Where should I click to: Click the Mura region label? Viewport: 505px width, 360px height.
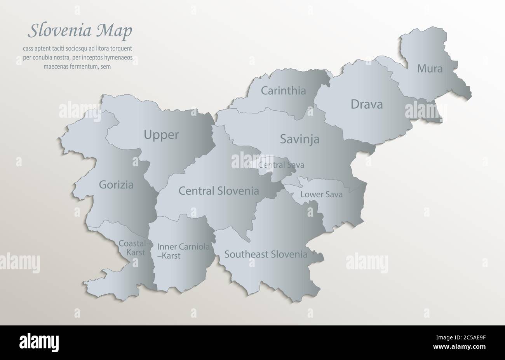pos(430,69)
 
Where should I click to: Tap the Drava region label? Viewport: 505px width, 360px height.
pos(366,104)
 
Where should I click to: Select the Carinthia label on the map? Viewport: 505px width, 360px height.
pos(283,91)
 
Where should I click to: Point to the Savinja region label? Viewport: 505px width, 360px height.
pos(300,139)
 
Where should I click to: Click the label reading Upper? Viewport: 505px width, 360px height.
pos(161,135)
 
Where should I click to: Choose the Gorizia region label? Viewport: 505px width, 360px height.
pos(116,185)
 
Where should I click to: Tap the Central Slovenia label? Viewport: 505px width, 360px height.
pos(219,191)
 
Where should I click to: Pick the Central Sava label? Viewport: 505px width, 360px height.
pos(281,165)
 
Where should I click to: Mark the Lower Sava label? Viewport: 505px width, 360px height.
pos(321,194)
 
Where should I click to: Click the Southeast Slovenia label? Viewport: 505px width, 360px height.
pos(266,254)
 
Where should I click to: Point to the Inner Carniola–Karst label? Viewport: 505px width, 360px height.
pos(183,251)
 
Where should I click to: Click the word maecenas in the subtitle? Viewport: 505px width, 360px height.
pos(57,66)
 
